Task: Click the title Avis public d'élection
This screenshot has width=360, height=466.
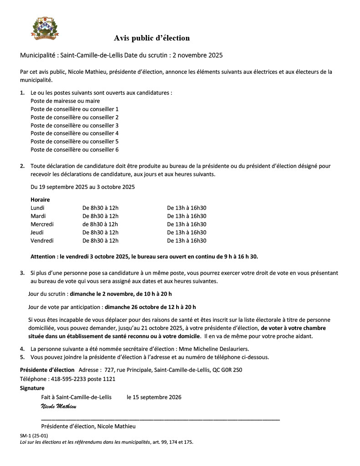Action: point(152,38)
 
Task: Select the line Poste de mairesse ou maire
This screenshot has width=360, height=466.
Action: point(65,101)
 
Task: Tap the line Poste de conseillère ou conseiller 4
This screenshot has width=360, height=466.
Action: point(75,133)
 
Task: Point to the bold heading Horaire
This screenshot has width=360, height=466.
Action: point(40,200)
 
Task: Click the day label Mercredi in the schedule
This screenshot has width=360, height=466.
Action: point(42,224)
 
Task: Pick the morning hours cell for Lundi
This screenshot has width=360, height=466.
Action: point(101,208)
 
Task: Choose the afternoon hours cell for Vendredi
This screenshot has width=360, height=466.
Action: point(187,241)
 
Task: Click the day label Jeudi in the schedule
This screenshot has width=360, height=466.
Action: point(38,233)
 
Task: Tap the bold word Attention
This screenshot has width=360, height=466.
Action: point(43,257)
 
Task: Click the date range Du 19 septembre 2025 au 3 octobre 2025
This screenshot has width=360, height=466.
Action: point(82,187)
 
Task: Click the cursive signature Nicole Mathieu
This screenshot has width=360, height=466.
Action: point(58,406)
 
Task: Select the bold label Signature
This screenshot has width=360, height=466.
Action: point(32,388)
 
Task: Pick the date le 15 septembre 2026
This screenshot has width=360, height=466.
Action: point(154,397)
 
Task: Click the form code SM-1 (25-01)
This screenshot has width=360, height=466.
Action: point(34,436)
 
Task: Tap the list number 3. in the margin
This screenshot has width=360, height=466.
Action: point(22,273)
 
